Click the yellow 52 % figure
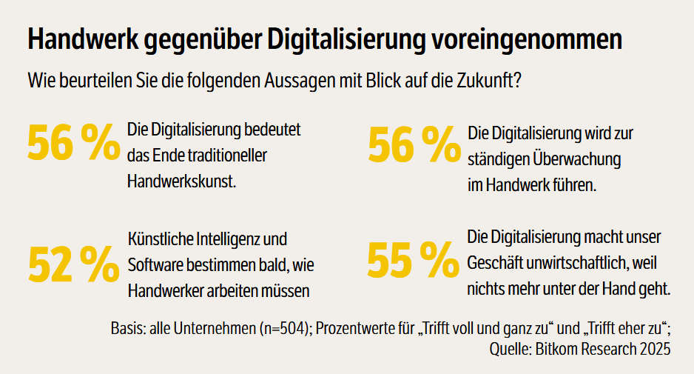[x=73, y=262]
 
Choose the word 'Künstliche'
[x=158, y=240]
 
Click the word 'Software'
[x=153, y=265]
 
